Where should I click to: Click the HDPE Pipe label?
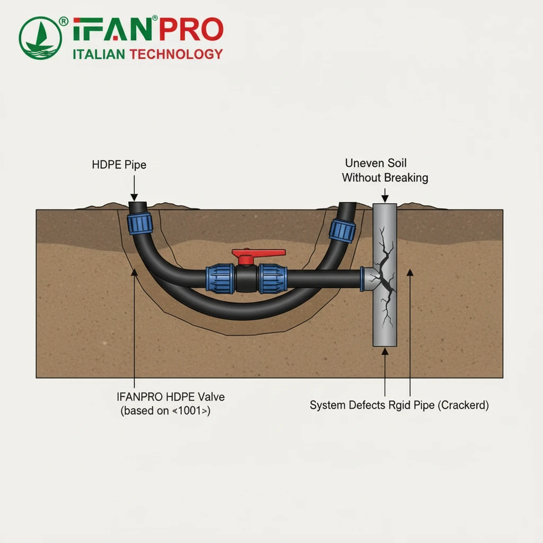click(x=119, y=165)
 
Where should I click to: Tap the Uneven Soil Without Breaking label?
click(x=384, y=170)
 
